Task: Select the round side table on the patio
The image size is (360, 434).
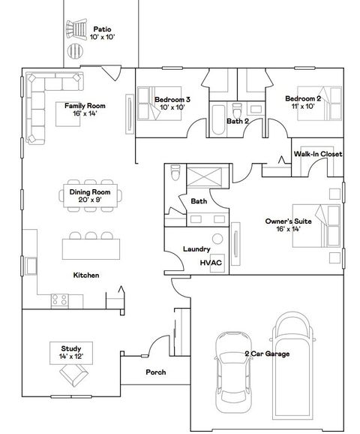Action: (x=76, y=51)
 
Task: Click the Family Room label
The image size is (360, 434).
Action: (x=84, y=110)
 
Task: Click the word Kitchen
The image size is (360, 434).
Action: (x=86, y=275)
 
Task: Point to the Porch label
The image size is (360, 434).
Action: (x=155, y=372)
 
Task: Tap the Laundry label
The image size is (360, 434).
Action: (x=196, y=249)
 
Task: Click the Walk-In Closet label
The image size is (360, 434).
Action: (x=317, y=154)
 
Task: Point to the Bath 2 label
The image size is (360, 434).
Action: (x=238, y=120)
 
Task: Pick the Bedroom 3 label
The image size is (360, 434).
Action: (x=172, y=103)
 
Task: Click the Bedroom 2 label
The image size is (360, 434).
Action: (x=303, y=103)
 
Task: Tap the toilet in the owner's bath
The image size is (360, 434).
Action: (x=174, y=174)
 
